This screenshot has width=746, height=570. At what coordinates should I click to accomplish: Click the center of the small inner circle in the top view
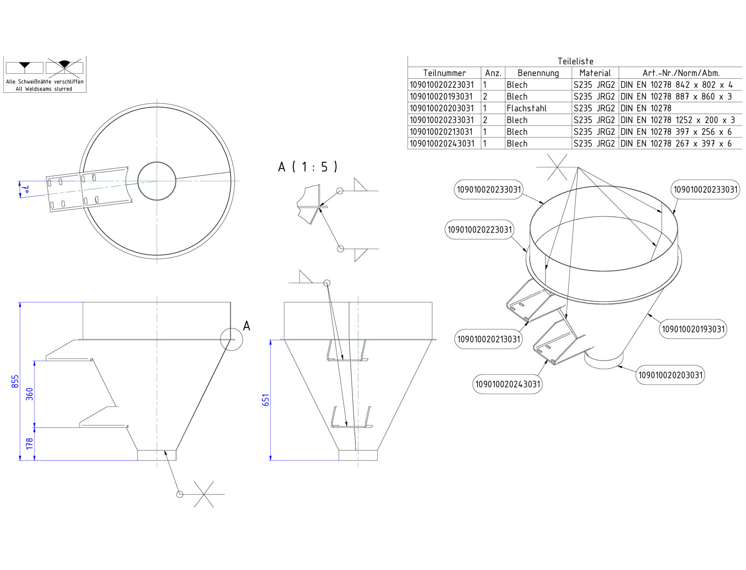157,181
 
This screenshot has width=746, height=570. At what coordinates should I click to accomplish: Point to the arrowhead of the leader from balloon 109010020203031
617,366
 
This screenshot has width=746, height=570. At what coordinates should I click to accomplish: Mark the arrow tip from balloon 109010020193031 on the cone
647,314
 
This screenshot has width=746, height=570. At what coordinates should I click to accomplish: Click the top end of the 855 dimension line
20,302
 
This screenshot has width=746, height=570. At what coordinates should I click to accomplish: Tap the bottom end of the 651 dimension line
270,460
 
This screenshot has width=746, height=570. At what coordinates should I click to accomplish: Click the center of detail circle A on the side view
231,339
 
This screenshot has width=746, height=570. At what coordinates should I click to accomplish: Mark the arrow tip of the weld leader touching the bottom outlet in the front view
165,451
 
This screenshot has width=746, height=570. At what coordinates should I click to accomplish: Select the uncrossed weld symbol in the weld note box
24,67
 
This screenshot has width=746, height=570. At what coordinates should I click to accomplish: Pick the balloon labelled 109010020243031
507,384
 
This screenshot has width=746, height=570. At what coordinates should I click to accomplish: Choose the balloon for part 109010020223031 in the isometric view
480,230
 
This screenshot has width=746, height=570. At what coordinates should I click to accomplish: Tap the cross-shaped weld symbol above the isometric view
557,167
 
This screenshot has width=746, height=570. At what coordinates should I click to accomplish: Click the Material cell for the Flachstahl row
595,108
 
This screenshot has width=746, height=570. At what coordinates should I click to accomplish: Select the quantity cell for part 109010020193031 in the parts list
493,97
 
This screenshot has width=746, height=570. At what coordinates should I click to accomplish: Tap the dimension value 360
29,394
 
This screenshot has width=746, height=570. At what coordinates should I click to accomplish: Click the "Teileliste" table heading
575,61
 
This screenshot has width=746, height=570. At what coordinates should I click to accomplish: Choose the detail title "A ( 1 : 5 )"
308,167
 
